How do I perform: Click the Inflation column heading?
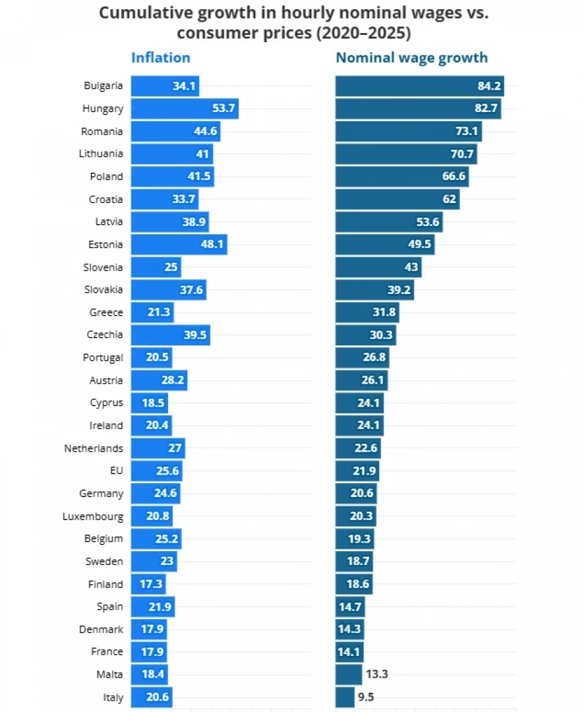click(x=160, y=57)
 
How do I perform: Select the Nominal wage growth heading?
click(x=411, y=57)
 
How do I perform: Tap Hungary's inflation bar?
click(x=184, y=108)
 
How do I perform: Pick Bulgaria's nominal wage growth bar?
click(x=419, y=86)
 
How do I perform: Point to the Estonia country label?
click(x=105, y=245)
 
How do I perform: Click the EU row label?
click(x=116, y=471)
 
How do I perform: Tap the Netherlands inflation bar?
click(x=158, y=448)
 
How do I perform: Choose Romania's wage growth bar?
click(x=408, y=131)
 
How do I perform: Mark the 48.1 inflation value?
click(x=212, y=245)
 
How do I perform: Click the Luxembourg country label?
click(x=92, y=516)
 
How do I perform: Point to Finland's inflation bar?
click(x=148, y=584)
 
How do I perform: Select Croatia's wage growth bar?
click(x=397, y=199)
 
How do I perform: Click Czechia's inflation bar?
click(x=170, y=335)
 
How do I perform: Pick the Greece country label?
click(x=106, y=312)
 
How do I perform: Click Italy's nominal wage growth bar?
click(x=345, y=697)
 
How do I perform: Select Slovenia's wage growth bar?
click(x=378, y=267)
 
